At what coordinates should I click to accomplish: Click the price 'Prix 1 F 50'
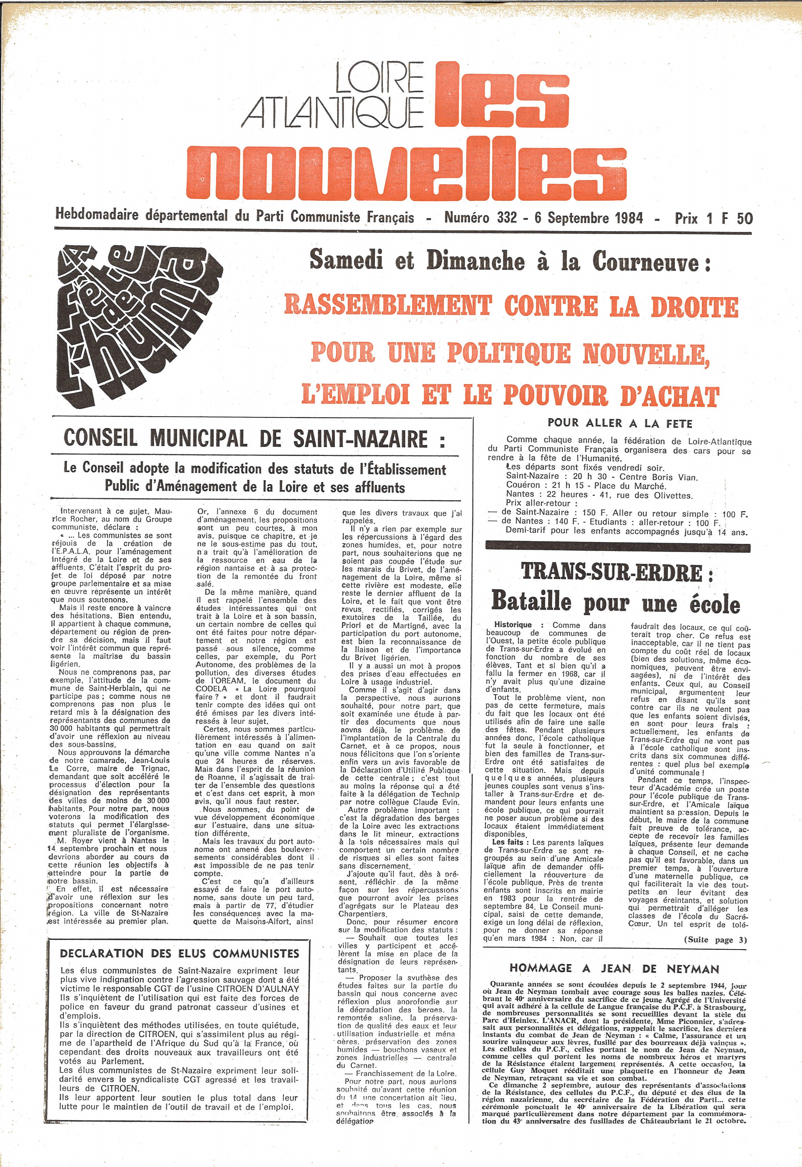pyautogui.click(x=713, y=218)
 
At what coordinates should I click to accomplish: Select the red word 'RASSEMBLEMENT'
pyautogui.click(x=387, y=306)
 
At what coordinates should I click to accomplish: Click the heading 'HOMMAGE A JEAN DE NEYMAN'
pyautogui.click(x=614, y=968)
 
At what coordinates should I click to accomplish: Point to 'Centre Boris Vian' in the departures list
pyautogui.click(x=658, y=477)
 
